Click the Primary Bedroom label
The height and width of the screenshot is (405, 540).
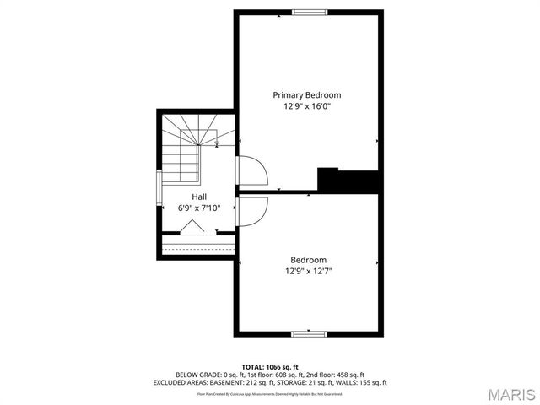307,95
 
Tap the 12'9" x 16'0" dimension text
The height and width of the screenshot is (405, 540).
307,107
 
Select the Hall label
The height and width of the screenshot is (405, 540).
199,196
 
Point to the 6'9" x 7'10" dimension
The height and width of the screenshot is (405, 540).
199,208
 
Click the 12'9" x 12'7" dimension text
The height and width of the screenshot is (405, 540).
309,272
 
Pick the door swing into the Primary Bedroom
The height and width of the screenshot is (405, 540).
251,173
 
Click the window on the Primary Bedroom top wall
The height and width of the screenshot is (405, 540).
310,12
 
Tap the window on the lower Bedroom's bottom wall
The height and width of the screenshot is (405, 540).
309,334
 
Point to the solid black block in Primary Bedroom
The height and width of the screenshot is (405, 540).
346,180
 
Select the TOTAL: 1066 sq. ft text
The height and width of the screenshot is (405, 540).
270,367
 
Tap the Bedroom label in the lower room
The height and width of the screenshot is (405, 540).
309,260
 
